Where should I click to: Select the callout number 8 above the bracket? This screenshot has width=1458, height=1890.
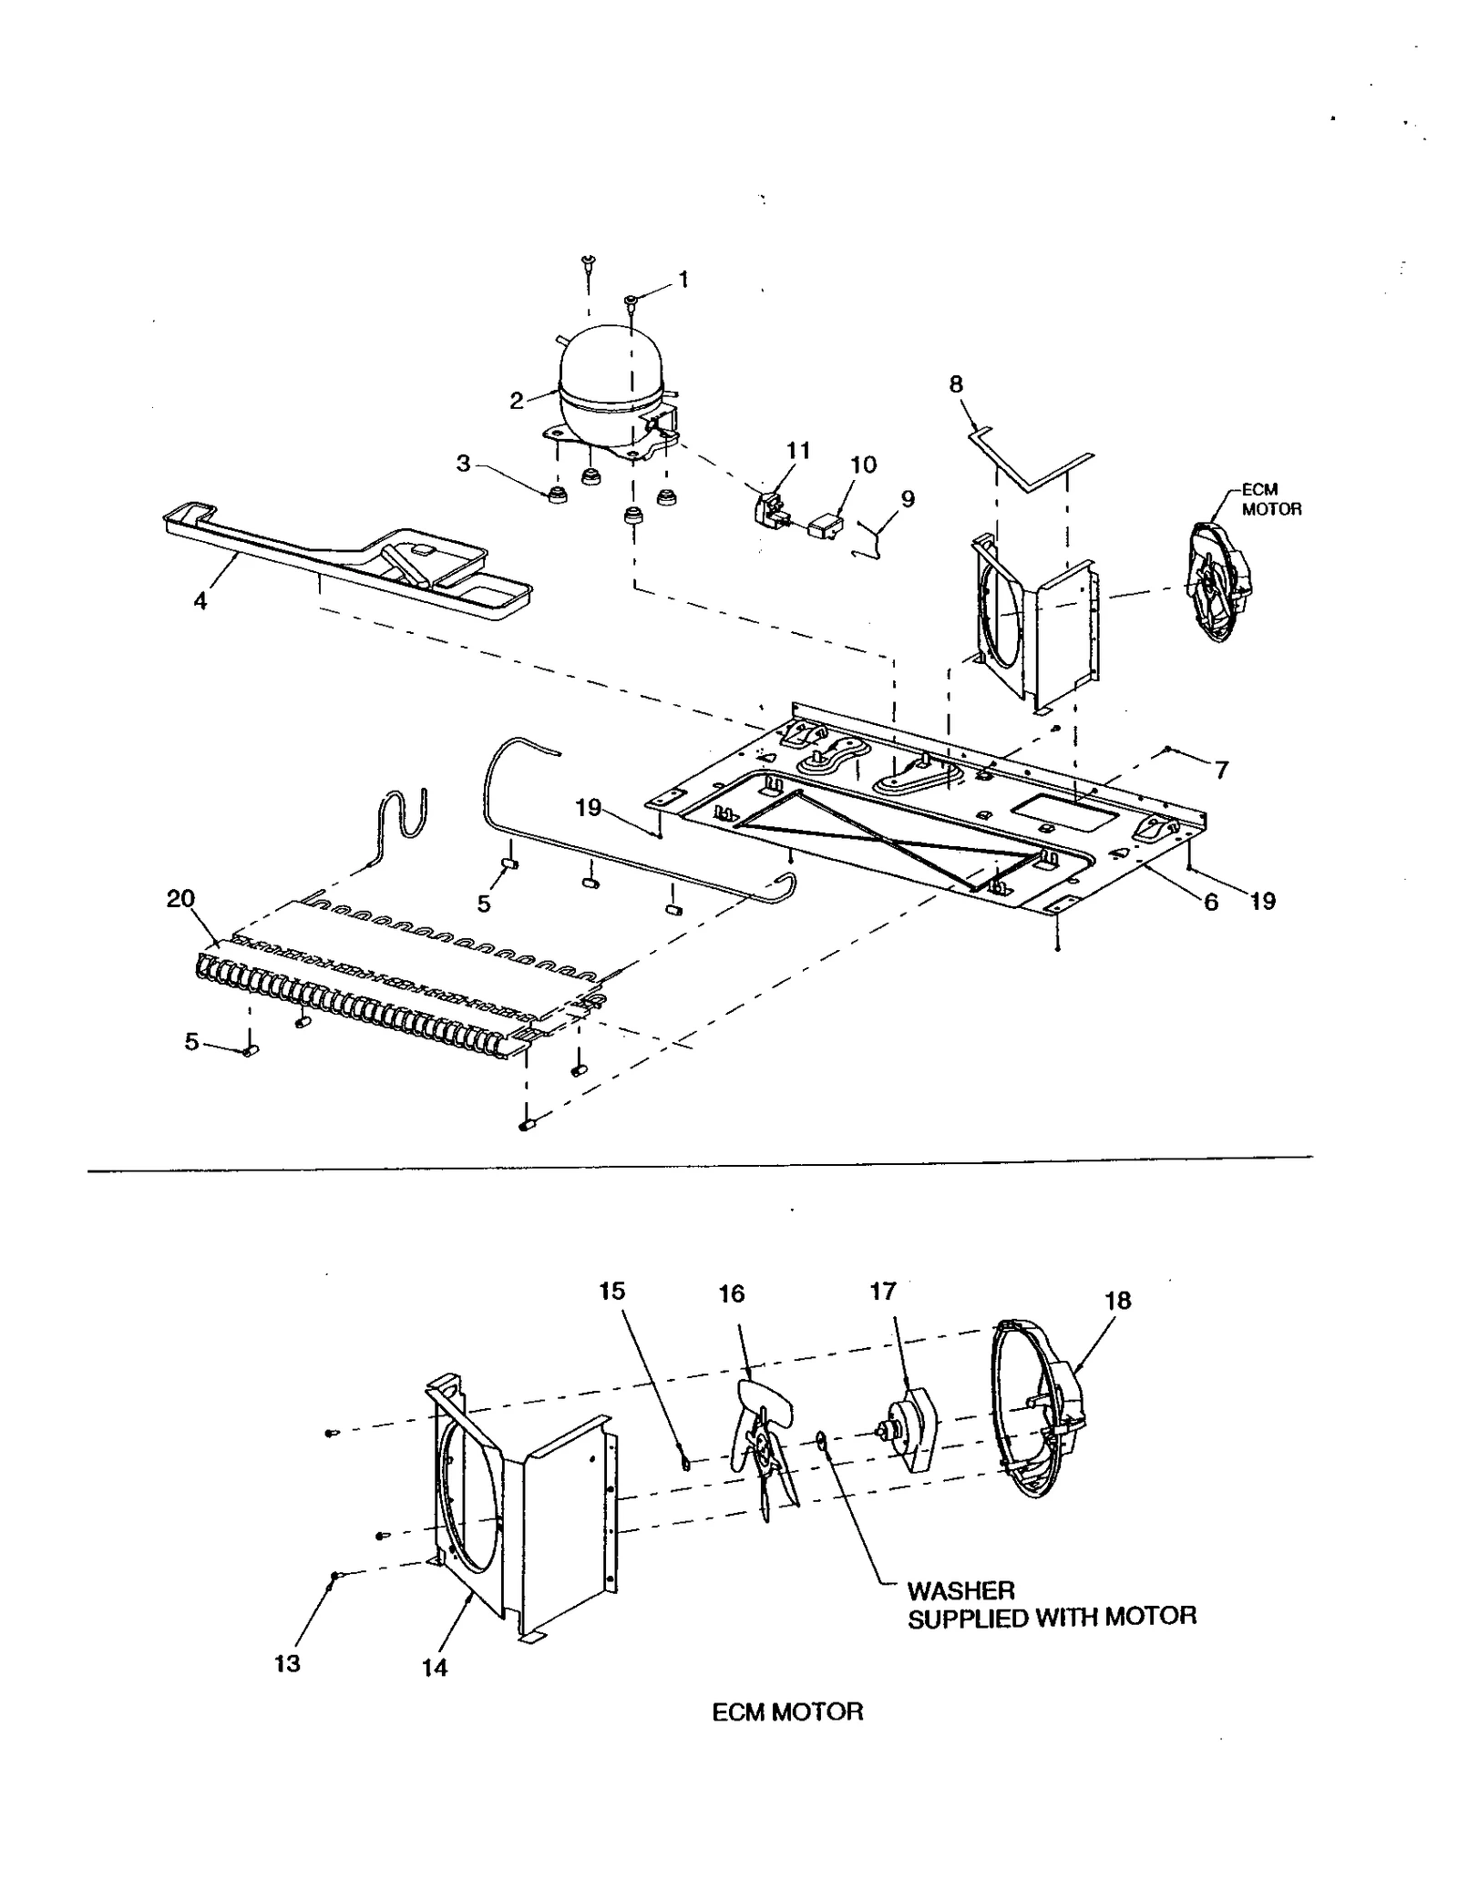pyautogui.click(x=956, y=383)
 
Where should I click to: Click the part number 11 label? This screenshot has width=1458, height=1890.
pyautogui.click(x=798, y=450)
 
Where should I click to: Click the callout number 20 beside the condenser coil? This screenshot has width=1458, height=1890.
pyautogui.click(x=180, y=898)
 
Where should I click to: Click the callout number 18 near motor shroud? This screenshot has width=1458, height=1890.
pyautogui.click(x=1117, y=1301)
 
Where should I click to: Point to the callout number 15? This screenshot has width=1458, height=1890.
pyautogui.click(x=612, y=1291)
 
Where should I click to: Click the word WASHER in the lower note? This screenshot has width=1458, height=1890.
pyautogui.click(x=960, y=1591)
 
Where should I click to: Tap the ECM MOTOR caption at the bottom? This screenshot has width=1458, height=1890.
pyautogui.click(x=787, y=1711)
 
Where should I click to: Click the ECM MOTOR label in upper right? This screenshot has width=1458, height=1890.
pyautogui.click(x=1271, y=499)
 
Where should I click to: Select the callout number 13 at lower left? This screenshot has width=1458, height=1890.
pyautogui.click(x=287, y=1663)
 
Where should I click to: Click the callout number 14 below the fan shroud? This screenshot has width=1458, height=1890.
pyautogui.click(x=435, y=1667)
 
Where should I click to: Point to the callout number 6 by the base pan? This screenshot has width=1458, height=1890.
pyautogui.click(x=1210, y=902)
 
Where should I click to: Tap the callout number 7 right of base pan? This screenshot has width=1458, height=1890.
pyautogui.click(x=1221, y=770)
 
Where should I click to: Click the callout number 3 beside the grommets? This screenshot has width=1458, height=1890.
pyautogui.click(x=464, y=464)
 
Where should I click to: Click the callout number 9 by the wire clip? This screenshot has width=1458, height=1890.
pyautogui.click(x=907, y=499)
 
